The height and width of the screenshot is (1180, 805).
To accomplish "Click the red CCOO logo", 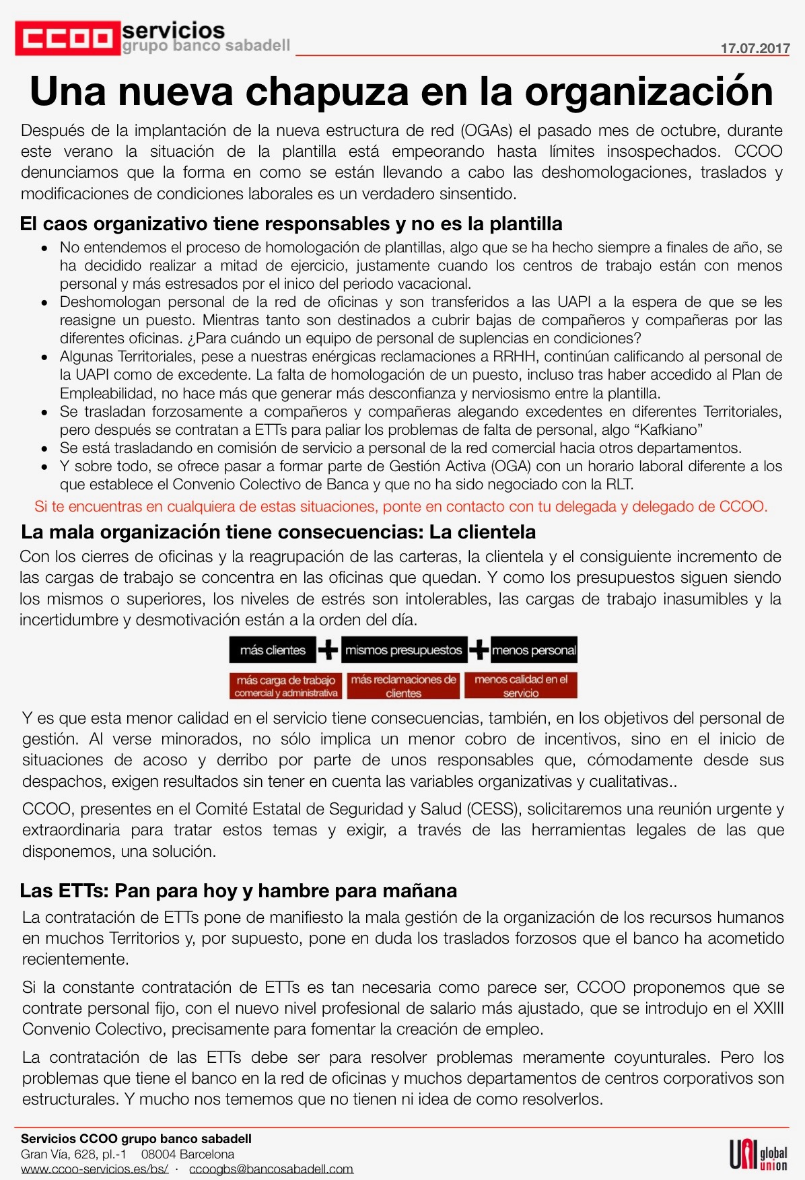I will (x=67, y=38).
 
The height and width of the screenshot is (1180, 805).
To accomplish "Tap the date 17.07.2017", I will (x=755, y=48).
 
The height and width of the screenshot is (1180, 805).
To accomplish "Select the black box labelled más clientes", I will (x=273, y=650).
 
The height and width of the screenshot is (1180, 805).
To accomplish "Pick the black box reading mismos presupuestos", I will (x=403, y=650).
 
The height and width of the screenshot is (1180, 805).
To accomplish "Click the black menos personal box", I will (x=534, y=650).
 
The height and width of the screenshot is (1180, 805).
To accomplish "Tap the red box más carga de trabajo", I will (x=286, y=686).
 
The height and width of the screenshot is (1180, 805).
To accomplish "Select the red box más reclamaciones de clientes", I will (x=403, y=686).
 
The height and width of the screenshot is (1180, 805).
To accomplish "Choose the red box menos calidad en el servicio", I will (x=521, y=686).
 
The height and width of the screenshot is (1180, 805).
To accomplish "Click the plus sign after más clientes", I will (x=328, y=650).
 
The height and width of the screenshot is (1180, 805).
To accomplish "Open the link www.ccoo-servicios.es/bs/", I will (x=94, y=1169).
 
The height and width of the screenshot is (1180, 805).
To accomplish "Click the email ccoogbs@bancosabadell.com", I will (x=271, y=1169).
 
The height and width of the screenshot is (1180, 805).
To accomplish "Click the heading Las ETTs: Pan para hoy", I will (x=238, y=891).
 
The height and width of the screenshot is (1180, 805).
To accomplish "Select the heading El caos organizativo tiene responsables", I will (x=291, y=223).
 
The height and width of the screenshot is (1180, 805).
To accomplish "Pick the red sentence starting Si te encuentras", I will (x=400, y=506).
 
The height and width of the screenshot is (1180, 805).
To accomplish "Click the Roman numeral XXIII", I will (x=768, y=1008).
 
